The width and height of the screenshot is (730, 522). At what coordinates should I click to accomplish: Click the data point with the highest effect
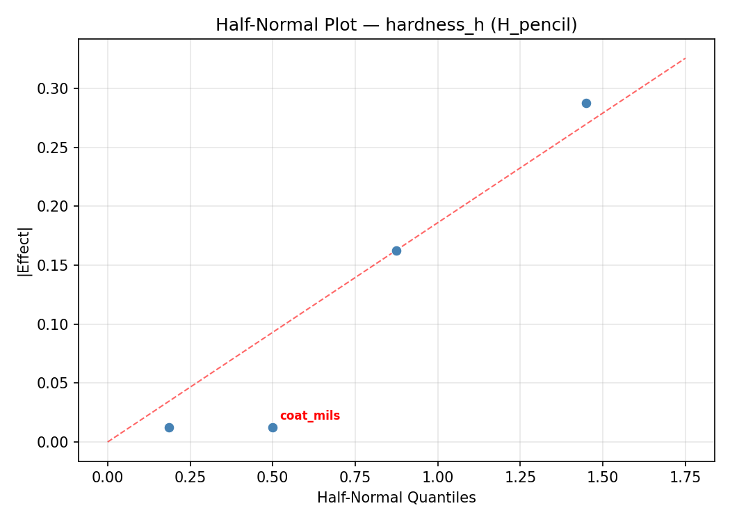click(x=586, y=103)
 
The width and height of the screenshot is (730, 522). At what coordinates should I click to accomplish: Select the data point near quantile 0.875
click(x=396, y=251)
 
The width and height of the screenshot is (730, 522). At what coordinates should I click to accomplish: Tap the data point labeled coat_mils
click(x=273, y=427)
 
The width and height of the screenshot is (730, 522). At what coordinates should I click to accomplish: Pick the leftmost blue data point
click(x=169, y=427)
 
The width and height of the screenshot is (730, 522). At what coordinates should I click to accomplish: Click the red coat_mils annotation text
click(x=309, y=416)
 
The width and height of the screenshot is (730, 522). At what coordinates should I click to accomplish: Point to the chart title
click(x=396, y=25)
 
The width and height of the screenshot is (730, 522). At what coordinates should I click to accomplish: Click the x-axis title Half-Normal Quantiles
click(x=396, y=498)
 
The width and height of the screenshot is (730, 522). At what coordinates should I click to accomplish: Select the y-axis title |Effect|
click(x=24, y=251)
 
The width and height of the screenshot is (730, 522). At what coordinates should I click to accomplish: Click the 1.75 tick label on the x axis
click(x=685, y=477)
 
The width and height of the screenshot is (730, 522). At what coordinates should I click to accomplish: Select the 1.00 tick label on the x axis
click(x=437, y=477)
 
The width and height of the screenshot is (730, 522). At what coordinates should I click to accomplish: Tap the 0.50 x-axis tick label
click(x=273, y=477)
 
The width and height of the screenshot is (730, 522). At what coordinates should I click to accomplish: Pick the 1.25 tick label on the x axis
click(x=520, y=477)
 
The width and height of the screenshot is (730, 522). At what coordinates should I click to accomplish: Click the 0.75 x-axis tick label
click(x=355, y=477)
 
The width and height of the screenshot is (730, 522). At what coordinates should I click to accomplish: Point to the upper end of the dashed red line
click(x=685, y=58)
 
